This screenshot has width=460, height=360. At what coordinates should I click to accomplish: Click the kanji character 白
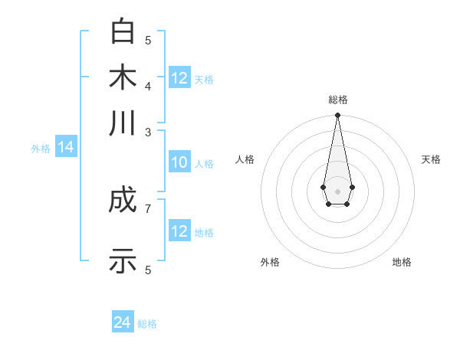[x=123, y=31]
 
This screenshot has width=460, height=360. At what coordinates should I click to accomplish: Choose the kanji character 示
[x=123, y=260]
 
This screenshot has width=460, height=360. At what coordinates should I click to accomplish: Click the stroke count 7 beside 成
[x=148, y=208]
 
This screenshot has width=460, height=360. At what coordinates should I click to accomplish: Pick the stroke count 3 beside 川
[x=148, y=131]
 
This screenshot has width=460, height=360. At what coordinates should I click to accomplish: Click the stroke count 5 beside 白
[x=148, y=40]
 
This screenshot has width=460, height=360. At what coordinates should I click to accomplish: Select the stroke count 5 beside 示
[x=148, y=270]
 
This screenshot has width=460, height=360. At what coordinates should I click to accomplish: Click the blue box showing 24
[x=123, y=322]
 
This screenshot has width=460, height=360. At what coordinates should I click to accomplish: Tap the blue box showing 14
[x=66, y=148]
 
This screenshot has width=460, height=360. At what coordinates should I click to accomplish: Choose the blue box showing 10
[x=179, y=162]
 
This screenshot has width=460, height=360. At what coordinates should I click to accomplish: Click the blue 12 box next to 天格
[x=179, y=78]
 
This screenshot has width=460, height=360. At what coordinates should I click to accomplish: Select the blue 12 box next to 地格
[x=179, y=231]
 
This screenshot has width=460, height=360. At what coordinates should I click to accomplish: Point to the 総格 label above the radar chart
[x=337, y=100]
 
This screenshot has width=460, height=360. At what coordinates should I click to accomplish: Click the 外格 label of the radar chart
[x=270, y=262]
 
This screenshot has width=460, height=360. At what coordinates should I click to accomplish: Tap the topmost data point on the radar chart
[x=337, y=116]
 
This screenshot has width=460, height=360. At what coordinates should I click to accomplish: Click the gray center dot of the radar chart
[x=337, y=191]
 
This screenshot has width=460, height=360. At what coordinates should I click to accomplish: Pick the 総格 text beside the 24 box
[x=147, y=324]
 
